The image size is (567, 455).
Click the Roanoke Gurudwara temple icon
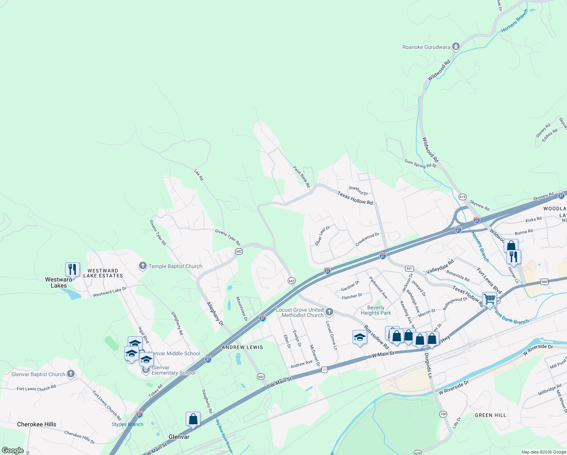click(456, 47)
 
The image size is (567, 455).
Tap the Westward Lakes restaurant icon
click(72, 269)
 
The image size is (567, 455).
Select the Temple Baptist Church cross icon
click(143, 266)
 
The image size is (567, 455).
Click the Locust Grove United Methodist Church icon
click(329, 312)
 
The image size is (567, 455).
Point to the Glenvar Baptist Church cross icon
click(70, 374)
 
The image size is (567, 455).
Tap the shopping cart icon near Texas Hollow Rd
click(489, 299)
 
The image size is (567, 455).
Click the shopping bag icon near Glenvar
click(193, 419)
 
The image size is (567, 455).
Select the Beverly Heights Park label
click(376, 311)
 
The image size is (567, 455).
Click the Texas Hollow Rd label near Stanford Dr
click(355, 198)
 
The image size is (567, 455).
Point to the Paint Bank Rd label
click(302, 177)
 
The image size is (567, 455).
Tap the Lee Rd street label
click(199, 175)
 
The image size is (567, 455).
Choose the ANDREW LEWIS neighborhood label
click(242, 347)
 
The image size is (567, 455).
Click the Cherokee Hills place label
click(36, 424)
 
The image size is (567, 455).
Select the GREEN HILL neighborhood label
click(490, 415)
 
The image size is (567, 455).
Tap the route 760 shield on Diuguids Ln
click(443, 414)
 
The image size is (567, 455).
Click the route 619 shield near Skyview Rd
click(462, 197)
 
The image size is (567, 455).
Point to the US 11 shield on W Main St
click(324, 369)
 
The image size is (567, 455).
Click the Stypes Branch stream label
click(127, 424)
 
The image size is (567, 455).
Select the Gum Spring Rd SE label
click(421, 164)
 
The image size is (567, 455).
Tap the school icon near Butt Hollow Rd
click(359, 337)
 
